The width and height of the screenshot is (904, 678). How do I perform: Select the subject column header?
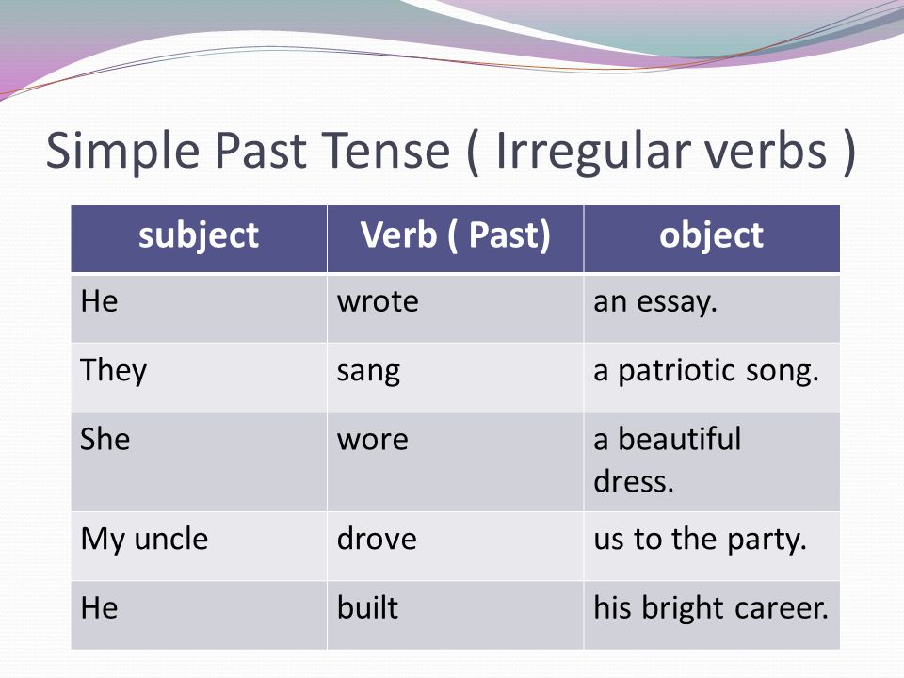(x=199, y=235)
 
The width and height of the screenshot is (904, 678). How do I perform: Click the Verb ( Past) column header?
(x=455, y=235)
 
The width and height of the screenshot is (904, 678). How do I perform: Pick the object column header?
(x=712, y=235)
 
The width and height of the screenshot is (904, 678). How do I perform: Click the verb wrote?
(x=378, y=301)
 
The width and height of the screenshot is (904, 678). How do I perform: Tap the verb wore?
(x=373, y=440)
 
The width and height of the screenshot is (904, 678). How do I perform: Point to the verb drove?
(x=377, y=539)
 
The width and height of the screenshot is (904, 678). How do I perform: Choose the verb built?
(x=367, y=607)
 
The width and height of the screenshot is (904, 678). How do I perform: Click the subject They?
(x=114, y=371)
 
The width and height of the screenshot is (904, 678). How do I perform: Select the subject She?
(x=105, y=439)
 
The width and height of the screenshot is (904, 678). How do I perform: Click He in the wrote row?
(x=99, y=301)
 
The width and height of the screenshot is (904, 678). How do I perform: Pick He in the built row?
(x=99, y=608)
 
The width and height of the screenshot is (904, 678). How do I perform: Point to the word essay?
(x=677, y=302)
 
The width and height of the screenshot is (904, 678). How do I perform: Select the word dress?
(x=634, y=480)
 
